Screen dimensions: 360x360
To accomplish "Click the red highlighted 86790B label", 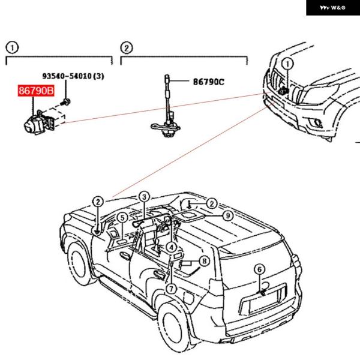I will coord(35,92).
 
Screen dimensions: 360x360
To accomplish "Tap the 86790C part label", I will coord(208,81).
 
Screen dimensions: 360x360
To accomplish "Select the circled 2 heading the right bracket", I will coord(126,48).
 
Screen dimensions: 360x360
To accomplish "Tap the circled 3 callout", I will coord(144,196).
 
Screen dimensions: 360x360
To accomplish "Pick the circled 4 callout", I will coord(172,246).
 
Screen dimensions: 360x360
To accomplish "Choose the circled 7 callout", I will coord(171,289).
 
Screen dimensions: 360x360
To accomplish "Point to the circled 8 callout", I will coord(204,261).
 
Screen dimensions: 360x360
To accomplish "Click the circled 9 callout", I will coord(227,215).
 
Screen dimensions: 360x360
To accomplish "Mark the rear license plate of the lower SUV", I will coord(264,302).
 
